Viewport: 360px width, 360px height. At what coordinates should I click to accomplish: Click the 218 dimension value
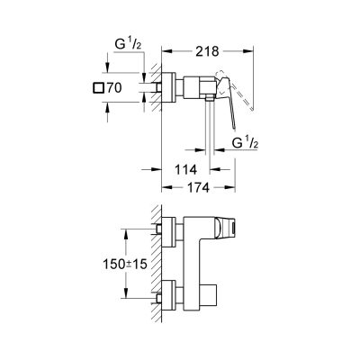pos(207,51)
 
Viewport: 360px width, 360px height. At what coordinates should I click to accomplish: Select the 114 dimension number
pos(186,170)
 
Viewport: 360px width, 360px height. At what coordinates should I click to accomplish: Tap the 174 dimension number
pos(198,188)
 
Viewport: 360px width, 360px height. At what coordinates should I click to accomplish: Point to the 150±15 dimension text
pos(125,264)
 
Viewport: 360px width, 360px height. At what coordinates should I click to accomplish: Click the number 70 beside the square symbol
pos(114,88)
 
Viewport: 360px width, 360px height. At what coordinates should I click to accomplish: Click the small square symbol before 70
pos(98,88)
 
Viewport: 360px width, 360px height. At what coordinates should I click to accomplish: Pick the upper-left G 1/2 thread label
pos(128,45)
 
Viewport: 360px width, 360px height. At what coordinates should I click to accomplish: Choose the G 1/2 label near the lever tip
pos(245,143)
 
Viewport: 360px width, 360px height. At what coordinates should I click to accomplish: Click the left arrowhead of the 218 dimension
pos(166,51)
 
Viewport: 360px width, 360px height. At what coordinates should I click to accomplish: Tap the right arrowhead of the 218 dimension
pos(248,51)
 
